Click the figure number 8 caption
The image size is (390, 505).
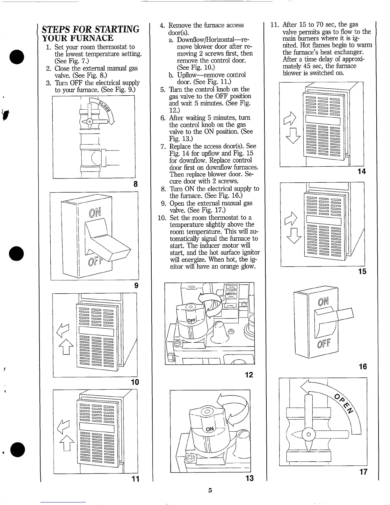pos(135,184)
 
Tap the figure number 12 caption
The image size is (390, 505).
pos(249,375)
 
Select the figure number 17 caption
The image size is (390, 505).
pos(363,472)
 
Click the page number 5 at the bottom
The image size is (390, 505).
pos(210,490)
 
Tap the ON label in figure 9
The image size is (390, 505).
pos(95,212)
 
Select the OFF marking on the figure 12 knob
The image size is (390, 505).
pos(191,320)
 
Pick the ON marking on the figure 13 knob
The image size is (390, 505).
pos(210,429)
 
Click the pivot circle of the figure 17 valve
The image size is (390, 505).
pos(308,435)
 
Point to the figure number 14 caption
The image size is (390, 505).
pos(362,172)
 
